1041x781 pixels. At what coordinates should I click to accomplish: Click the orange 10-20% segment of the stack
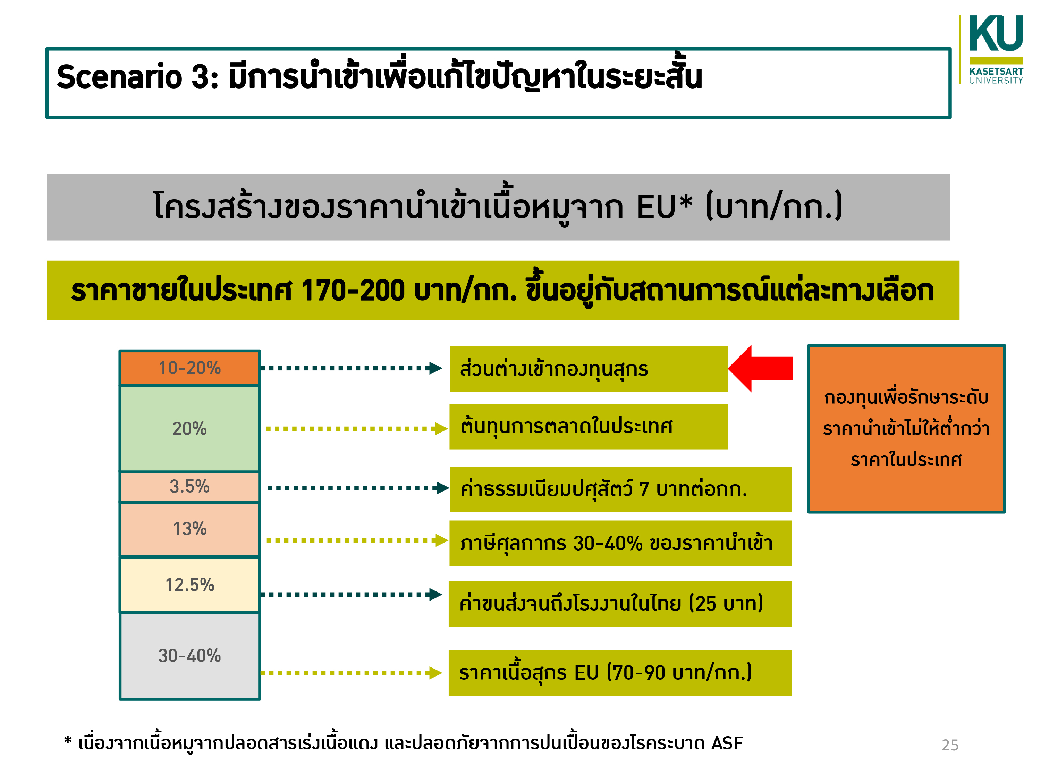tap(190, 368)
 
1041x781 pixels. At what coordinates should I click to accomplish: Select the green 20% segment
tap(190, 428)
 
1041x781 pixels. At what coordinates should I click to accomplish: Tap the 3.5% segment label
tap(190, 486)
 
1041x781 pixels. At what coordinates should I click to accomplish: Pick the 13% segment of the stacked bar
tap(190, 529)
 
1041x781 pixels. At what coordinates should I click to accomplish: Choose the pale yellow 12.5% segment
tap(190, 585)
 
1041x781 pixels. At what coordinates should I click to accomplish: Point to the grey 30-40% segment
tap(190, 656)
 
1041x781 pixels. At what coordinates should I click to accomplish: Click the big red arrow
tap(761, 368)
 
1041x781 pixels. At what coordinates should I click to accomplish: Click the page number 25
tap(950, 745)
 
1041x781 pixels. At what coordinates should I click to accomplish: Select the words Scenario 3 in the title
tap(138, 77)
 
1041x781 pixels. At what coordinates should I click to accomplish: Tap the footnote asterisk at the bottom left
tap(68, 740)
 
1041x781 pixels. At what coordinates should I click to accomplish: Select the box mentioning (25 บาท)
tap(620, 604)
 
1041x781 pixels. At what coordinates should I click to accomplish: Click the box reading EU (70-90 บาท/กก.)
tap(620, 673)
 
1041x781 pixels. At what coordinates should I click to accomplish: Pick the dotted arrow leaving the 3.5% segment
tap(358, 488)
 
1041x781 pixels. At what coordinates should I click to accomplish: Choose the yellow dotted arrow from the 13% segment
tap(357, 540)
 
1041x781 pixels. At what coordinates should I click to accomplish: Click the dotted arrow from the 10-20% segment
tap(352, 368)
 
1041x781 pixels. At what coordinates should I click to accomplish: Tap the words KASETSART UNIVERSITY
tap(996, 76)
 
